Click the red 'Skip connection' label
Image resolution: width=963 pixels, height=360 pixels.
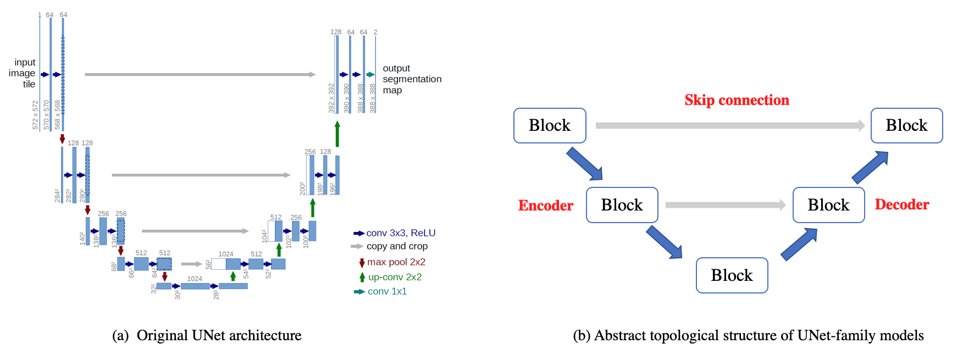point(737,100)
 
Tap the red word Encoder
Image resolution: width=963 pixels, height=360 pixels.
point(546,206)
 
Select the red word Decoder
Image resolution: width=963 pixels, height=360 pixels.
point(902,204)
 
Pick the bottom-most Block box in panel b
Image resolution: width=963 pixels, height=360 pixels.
point(732,275)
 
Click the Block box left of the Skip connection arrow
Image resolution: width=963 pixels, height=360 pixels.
point(550,125)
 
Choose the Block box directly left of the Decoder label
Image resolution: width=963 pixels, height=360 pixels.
point(828,205)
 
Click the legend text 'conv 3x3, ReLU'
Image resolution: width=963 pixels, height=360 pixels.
point(401,233)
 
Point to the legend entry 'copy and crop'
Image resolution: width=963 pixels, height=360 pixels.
point(397,246)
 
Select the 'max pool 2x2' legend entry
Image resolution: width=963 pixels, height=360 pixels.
point(396,262)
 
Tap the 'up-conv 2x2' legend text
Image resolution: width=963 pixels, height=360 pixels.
point(395,277)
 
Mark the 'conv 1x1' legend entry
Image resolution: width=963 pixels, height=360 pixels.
point(387,291)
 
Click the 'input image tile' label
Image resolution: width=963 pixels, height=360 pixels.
point(23,73)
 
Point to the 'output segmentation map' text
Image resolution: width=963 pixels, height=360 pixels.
point(412,79)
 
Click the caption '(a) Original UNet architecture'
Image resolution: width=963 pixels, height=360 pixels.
point(207,335)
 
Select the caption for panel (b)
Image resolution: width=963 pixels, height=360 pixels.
point(748,335)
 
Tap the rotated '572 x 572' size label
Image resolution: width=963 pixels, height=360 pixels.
point(36,115)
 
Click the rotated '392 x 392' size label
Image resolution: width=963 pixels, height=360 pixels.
point(331,98)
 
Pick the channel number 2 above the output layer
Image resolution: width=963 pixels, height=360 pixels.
point(375,32)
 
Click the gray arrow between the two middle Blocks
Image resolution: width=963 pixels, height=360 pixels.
point(725,205)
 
